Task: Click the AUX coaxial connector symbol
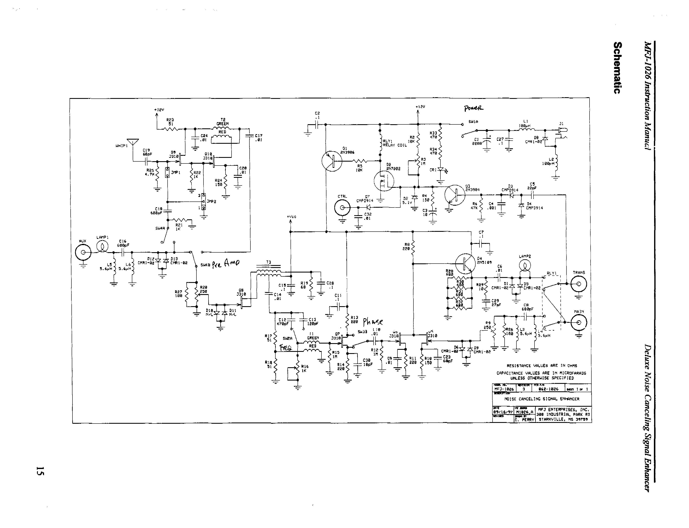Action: pyautogui.click(x=83, y=252)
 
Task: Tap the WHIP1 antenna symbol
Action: pyautogui.click(x=132, y=142)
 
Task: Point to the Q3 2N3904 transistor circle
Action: pyautogui.click(x=455, y=195)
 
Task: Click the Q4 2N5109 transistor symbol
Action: pyautogui.click(x=465, y=263)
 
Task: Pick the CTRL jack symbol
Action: pyautogui.click(x=342, y=208)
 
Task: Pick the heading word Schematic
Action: pyautogui.click(x=617, y=67)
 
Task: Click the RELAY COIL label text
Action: pyautogui.click(x=395, y=145)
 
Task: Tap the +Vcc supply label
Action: pyautogui.click(x=291, y=217)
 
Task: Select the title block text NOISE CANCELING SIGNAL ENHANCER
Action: pyautogui.click(x=542, y=399)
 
